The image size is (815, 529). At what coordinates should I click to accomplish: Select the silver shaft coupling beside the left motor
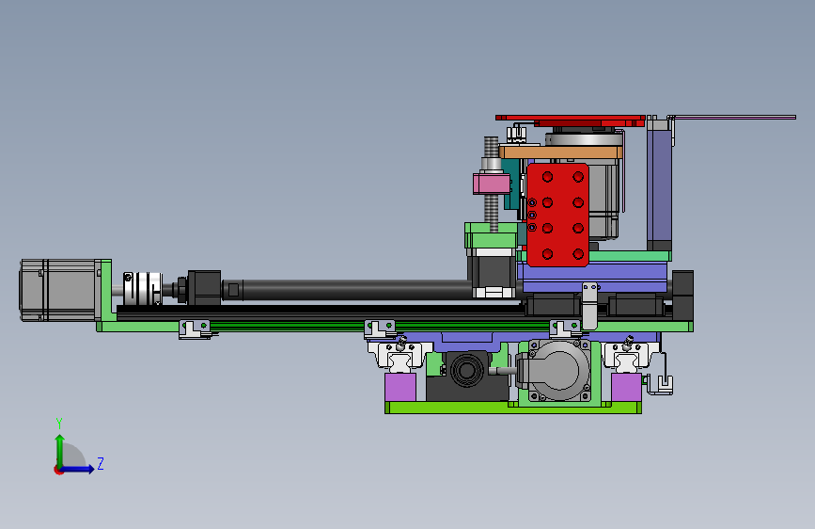click(x=143, y=288)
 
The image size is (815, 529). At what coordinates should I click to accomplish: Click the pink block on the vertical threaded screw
click(x=492, y=184)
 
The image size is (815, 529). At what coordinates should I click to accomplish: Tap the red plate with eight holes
click(x=557, y=215)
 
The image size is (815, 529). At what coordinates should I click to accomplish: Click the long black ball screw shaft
click(x=353, y=290)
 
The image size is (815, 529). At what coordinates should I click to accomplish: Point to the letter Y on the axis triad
click(x=59, y=423)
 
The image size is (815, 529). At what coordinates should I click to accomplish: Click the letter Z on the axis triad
click(x=101, y=463)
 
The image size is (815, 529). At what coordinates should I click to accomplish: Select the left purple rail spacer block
click(x=400, y=387)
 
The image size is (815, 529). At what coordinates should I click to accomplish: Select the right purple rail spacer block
click(x=626, y=387)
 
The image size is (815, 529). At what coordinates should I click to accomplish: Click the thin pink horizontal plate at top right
click(x=732, y=117)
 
